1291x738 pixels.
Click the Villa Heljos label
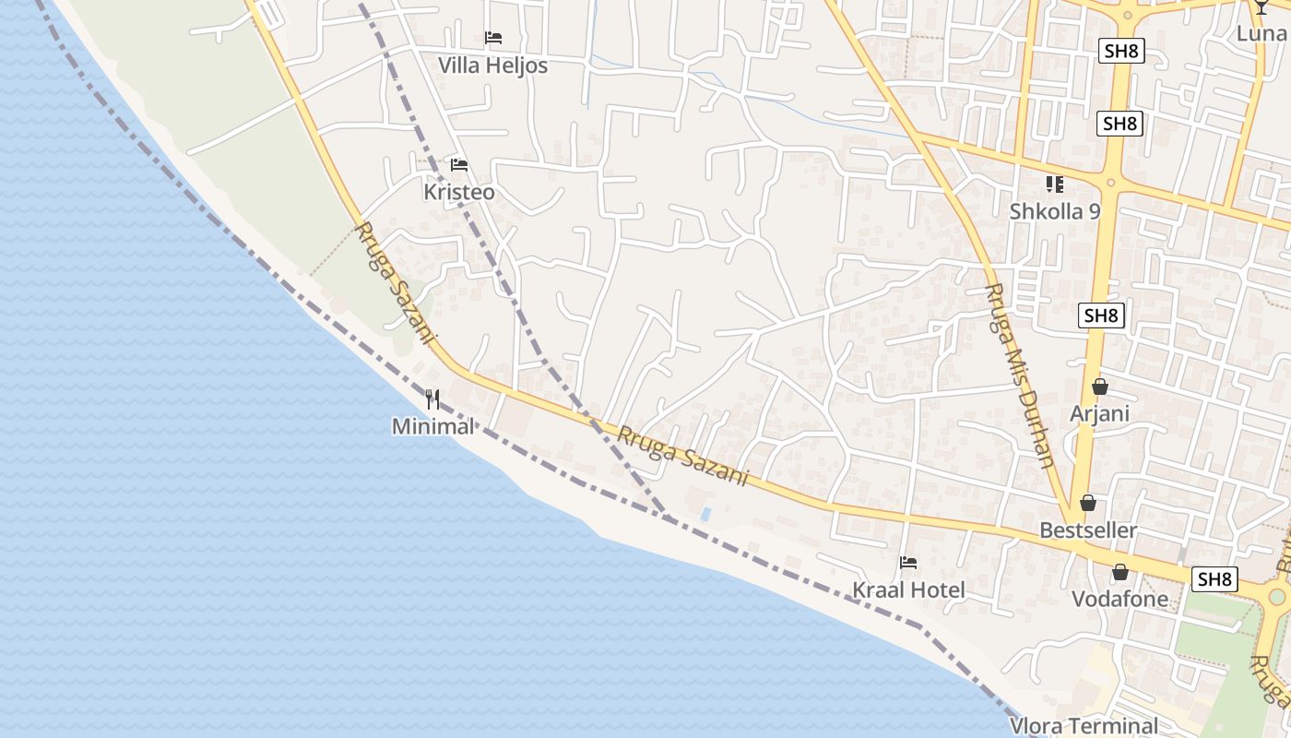[x=492, y=65]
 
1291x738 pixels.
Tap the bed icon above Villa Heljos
[x=493, y=38]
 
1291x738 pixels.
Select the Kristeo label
[x=458, y=192]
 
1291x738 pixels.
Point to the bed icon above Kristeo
[x=459, y=165]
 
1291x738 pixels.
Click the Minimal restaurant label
[x=432, y=426]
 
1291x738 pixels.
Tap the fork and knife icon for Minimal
[x=432, y=399]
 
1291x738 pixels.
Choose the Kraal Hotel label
[x=908, y=590]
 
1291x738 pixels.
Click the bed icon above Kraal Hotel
[x=908, y=563]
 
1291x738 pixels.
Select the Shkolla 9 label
[x=1055, y=211]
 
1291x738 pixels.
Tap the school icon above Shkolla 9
[x=1055, y=184]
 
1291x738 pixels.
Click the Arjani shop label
[x=1099, y=413]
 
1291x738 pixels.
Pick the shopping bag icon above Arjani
[x=1099, y=387]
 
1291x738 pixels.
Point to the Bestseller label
[x=1088, y=530]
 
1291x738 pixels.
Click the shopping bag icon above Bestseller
[x=1088, y=504]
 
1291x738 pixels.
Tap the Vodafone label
[x=1119, y=600]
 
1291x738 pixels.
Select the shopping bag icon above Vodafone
[x=1119, y=573]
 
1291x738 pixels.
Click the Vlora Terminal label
[x=1084, y=725]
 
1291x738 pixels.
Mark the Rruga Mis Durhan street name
[x=1019, y=375]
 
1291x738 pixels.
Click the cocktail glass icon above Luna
[x=1261, y=7]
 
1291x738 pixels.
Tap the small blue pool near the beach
[x=705, y=514]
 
